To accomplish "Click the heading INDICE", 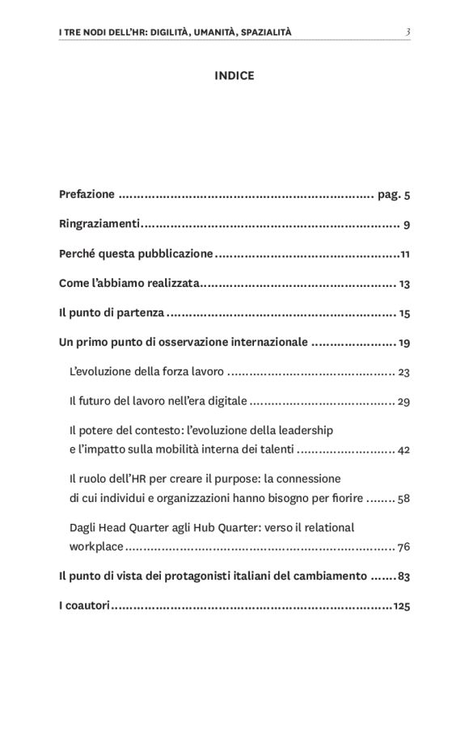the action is (x=234, y=76).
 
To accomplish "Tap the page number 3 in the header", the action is (x=408, y=32).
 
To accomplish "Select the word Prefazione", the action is (x=87, y=195).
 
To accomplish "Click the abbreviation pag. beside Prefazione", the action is (x=389, y=195).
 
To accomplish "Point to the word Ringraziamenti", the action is (x=99, y=225).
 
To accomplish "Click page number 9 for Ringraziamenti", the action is (x=407, y=225).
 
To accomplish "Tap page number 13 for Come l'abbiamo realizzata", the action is (x=404, y=284).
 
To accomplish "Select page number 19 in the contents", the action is (x=404, y=343).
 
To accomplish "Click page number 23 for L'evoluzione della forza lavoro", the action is (x=404, y=372).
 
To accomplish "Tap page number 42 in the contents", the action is (x=404, y=449).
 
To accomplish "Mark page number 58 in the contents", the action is (x=404, y=498).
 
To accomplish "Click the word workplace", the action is (x=96, y=546).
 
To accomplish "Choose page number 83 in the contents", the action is (x=404, y=576).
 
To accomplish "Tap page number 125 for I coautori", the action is (x=401, y=606).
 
